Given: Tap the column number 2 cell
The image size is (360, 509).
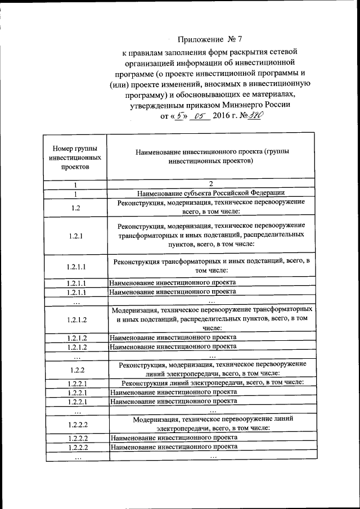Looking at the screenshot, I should pyautogui.click(x=210, y=184).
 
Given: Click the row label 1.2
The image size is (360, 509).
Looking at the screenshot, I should pyautogui.click(x=75, y=208).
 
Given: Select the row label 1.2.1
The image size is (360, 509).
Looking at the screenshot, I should pyautogui.click(x=75, y=235).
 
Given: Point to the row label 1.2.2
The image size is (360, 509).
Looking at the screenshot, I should pyautogui.click(x=75, y=370).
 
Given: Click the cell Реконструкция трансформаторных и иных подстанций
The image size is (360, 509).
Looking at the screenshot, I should pyautogui.click(x=210, y=265).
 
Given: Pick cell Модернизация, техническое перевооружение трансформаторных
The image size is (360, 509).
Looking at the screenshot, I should pyautogui.click(x=210, y=318).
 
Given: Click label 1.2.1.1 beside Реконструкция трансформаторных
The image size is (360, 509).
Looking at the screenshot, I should pyautogui.click(x=75, y=266).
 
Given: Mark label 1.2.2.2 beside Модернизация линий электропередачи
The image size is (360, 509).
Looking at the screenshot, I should pyautogui.click(x=75, y=424).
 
